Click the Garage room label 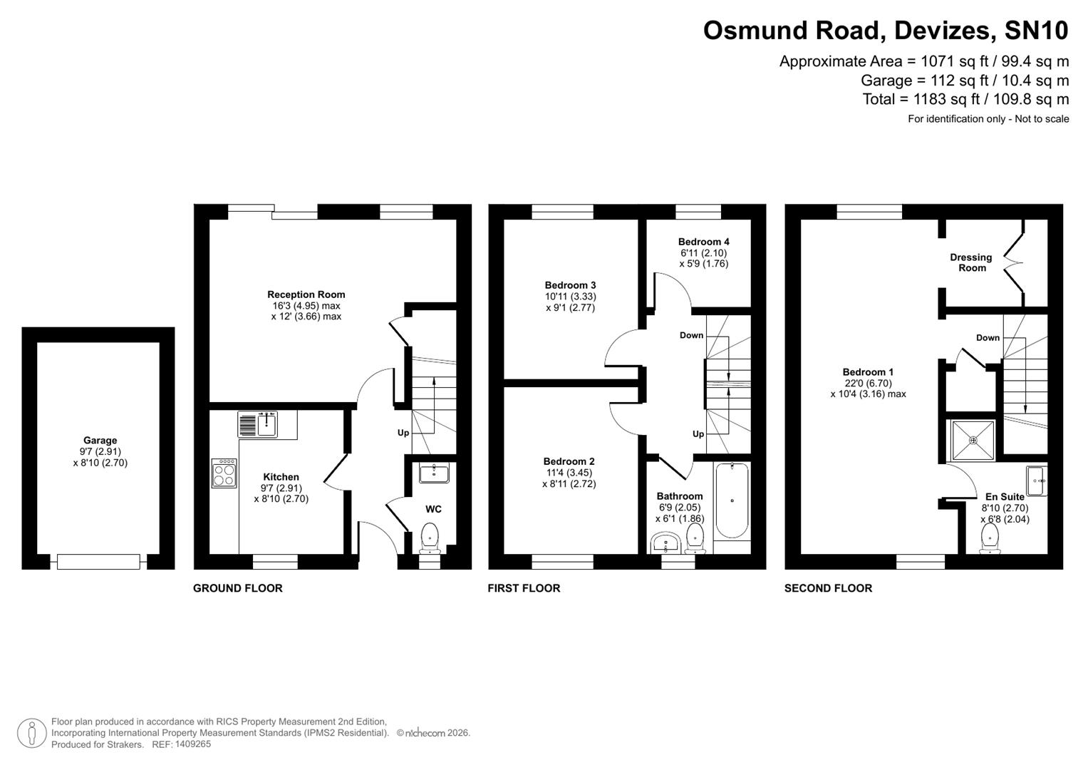pos(100,441)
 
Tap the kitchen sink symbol pos(258,424)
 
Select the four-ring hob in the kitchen pos(224,473)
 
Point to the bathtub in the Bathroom pos(731,500)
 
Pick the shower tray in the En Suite pos(973,440)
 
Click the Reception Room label pos(306,294)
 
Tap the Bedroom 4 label pos(703,242)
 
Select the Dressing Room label pos(971,262)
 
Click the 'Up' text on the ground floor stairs pos(403,433)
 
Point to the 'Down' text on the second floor pos(988,338)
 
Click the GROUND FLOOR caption pos(238,588)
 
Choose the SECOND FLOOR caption pos(828,588)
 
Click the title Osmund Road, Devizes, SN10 pos(886,31)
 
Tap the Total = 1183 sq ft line pos(965,99)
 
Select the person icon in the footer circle pos(31,733)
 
